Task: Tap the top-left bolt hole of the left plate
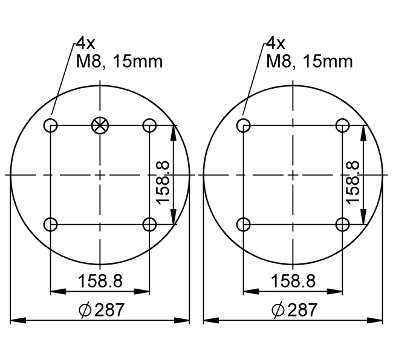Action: click(x=50, y=126)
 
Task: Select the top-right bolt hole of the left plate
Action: click(x=149, y=126)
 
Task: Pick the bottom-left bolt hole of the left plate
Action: click(x=50, y=225)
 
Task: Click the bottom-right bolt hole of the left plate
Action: click(x=149, y=225)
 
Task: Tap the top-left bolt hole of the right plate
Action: click(x=243, y=126)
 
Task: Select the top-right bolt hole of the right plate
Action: click(x=342, y=126)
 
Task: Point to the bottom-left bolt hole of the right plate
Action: click(x=243, y=225)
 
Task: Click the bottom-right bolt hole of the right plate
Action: click(x=342, y=225)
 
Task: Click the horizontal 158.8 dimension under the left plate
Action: click(x=100, y=281)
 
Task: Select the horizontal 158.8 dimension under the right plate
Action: click(x=293, y=281)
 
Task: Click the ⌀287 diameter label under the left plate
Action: click(x=101, y=310)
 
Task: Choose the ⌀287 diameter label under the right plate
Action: click(x=294, y=310)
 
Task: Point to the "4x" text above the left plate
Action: click(x=85, y=43)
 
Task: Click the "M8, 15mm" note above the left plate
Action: click(x=119, y=61)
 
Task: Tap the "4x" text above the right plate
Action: click(x=275, y=43)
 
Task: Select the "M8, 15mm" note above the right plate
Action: click(x=309, y=61)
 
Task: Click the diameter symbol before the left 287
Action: click(x=85, y=311)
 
